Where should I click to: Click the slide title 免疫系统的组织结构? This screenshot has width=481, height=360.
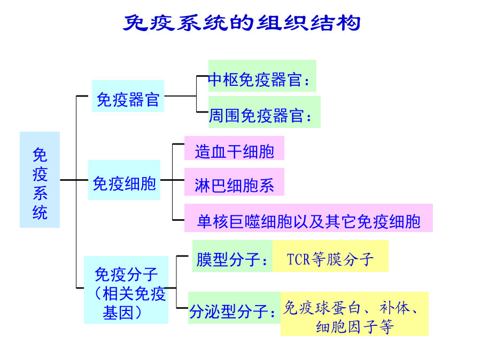242,22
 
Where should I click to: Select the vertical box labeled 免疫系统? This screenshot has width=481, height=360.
40,180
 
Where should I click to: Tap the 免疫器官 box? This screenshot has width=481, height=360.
128,96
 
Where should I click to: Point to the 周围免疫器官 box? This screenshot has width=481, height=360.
265,112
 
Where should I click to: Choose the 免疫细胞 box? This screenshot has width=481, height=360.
124,180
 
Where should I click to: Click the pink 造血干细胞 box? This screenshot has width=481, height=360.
235,148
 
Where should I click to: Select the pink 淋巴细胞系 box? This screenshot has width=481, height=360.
235,182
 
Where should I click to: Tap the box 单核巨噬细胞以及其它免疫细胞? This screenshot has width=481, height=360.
308,218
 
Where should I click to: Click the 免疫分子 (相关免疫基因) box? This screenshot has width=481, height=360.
126,290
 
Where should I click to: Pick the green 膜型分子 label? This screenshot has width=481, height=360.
232,256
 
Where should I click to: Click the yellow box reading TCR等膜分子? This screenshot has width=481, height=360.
330,256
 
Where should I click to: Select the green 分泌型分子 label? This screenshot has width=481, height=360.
235,308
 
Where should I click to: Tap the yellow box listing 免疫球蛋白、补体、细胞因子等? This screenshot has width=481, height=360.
355,314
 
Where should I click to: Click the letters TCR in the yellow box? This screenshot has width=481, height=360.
298,259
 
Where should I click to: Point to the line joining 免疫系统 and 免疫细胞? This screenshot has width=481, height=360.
74,180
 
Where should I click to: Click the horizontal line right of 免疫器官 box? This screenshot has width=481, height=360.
181,96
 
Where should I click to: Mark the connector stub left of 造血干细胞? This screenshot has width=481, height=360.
179,144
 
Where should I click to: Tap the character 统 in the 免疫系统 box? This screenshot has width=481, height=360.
40,212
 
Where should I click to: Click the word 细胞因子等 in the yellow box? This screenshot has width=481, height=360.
355,326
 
